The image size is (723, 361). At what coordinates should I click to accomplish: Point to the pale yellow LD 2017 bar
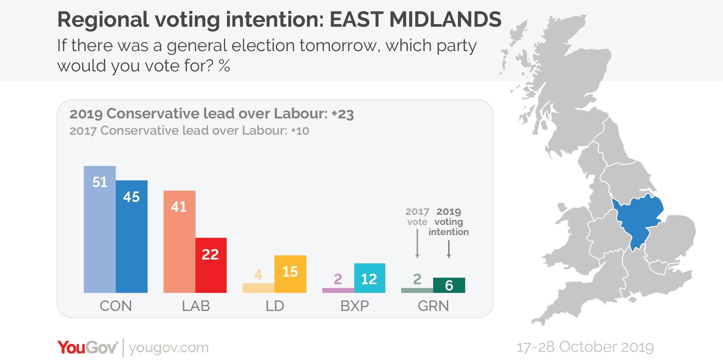click(258, 288)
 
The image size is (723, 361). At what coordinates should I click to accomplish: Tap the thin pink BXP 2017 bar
click(338, 290)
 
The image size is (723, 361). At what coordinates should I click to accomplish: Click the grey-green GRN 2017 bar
click(417, 290)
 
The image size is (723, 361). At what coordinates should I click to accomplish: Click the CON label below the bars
click(116, 306)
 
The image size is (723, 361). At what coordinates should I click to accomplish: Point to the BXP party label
click(354, 306)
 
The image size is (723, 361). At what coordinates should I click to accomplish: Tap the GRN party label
click(433, 306)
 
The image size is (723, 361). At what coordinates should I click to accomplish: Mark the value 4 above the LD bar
click(258, 274)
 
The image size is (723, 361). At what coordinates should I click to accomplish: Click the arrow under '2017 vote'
click(417, 244)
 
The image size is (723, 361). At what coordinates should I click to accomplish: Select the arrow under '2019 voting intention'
click(449, 249)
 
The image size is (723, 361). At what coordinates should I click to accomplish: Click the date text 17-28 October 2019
click(585, 347)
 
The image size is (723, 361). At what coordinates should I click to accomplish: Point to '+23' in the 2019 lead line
click(343, 114)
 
